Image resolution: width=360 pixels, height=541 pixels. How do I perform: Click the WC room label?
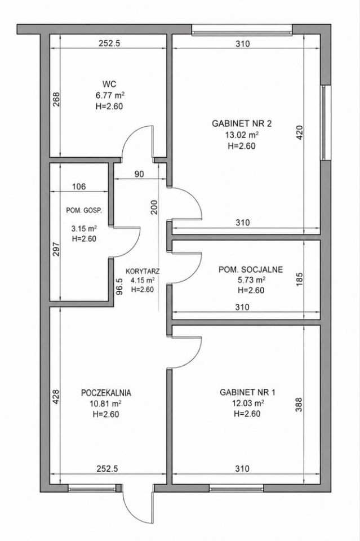(x=109, y=84)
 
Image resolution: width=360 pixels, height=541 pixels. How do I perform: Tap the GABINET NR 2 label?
(x=241, y=123)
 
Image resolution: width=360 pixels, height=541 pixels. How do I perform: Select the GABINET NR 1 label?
(x=247, y=392)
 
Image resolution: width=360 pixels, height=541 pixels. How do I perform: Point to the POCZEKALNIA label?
(x=106, y=392)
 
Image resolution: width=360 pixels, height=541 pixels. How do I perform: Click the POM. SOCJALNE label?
(x=251, y=269)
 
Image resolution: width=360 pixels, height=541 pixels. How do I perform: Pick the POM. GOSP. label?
(x=84, y=210)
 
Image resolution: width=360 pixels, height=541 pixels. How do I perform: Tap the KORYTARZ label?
(x=143, y=271)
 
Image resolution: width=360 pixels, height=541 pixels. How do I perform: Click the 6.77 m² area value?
(x=109, y=95)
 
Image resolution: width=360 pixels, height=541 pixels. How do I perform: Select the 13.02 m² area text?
(x=241, y=135)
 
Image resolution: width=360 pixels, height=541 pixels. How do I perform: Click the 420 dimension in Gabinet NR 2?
(x=299, y=132)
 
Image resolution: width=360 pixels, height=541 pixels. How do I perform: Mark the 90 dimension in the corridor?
(x=139, y=174)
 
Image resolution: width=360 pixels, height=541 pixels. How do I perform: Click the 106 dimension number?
(x=79, y=187)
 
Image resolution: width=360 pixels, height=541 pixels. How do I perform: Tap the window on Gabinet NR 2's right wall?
(x=323, y=123)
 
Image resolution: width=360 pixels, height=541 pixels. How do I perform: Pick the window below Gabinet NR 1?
(x=237, y=488)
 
